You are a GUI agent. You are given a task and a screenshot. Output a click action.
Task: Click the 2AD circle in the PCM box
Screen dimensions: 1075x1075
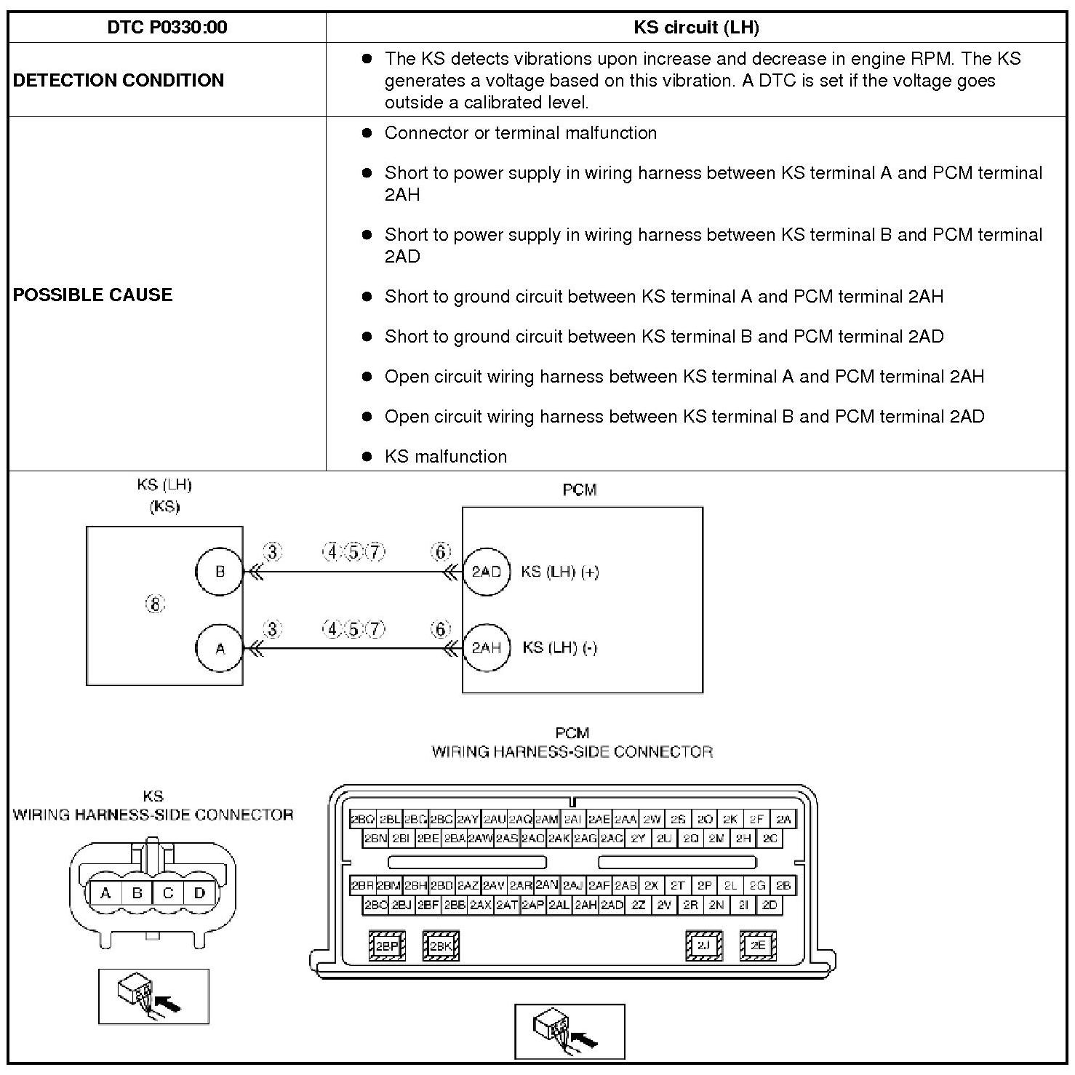point(486,572)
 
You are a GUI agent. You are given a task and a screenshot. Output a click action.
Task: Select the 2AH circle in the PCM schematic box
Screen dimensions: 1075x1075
point(486,647)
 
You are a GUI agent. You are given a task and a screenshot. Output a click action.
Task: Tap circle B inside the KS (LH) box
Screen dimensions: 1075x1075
point(220,572)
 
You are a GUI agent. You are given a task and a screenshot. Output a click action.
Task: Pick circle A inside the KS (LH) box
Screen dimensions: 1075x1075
point(220,648)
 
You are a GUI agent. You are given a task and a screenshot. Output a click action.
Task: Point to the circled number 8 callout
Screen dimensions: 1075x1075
point(155,604)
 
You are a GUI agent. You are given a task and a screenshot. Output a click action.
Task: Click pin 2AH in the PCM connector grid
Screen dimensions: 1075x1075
point(586,906)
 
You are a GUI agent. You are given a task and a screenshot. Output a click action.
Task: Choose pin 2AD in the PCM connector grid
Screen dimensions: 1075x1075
point(612,906)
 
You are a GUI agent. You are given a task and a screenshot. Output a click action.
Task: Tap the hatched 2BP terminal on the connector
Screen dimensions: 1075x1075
point(387,946)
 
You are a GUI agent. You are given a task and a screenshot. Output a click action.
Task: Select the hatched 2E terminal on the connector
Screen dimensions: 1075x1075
point(758,946)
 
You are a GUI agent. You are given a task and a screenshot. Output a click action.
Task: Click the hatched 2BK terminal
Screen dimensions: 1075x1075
point(441,946)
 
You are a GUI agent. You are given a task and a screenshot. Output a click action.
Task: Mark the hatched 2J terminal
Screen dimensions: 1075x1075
point(703,946)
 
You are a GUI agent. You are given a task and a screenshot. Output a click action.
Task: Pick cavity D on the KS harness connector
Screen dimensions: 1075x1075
point(200,893)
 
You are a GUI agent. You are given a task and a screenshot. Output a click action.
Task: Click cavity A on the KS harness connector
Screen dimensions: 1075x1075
point(106,893)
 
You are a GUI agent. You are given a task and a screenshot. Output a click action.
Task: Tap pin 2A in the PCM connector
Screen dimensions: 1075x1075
point(783,820)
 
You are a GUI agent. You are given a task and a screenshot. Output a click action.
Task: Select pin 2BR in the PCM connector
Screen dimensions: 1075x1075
point(362,886)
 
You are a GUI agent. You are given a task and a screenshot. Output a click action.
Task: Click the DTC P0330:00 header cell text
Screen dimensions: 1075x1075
point(167,28)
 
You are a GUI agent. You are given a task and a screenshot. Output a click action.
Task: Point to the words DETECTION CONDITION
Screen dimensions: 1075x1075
point(119,80)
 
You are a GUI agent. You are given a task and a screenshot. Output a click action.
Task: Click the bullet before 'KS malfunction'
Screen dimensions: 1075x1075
point(367,457)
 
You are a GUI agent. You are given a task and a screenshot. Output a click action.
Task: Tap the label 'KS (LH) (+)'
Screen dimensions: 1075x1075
point(560,572)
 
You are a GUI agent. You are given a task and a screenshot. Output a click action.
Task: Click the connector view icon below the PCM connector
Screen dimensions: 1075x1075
point(570,1031)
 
